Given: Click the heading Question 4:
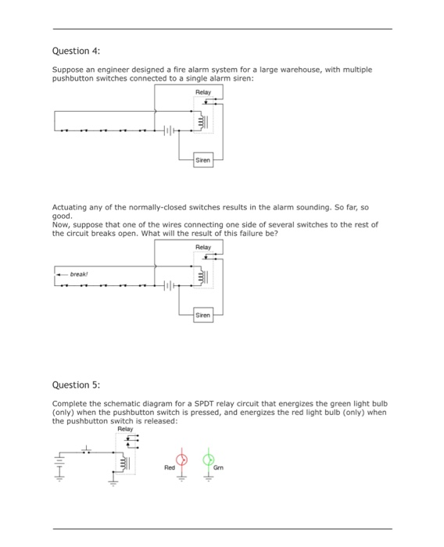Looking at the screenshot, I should pyautogui.click(x=76, y=51).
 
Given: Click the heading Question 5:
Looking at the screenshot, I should pyautogui.click(x=76, y=384).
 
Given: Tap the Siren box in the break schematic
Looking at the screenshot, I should pyautogui.click(x=203, y=315).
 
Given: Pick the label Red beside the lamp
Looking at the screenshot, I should pyautogui.click(x=169, y=468).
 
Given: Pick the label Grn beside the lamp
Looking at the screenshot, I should pyautogui.click(x=219, y=468).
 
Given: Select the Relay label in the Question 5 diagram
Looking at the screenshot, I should pyautogui.click(x=125, y=429).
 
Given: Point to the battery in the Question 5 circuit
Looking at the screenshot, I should pyautogui.click(x=59, y=467).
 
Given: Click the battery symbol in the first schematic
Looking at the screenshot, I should pyautogui.click(x=167, y=130).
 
